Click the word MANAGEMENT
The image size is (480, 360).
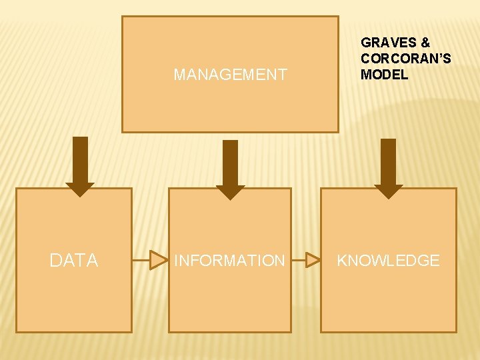(230, 75)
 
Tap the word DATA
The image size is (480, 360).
(74, 261)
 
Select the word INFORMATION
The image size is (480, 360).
(229, 261)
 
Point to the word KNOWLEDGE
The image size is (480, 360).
(388, 261)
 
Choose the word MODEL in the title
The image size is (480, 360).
(384, 75)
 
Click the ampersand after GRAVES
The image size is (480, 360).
(425, 43)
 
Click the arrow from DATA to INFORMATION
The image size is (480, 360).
(150, 260)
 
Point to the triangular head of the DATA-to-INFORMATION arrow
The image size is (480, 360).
(159, 260)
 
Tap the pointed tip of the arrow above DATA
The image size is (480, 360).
(80, 195)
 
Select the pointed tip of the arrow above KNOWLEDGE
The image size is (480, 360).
(388, 197)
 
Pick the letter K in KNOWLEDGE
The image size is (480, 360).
(342, 261)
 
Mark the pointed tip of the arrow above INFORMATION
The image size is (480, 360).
(231, 199)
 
